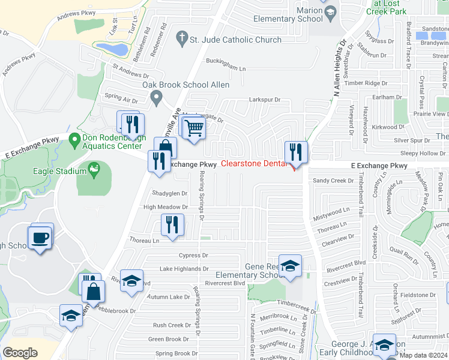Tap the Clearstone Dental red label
click(x=253, y=164)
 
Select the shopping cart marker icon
click(x=194, y=128)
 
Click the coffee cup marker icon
click(x=40, y=238)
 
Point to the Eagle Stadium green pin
click(x=93, y=169)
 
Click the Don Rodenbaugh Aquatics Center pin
click(x=74, y=140)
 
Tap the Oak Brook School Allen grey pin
click(x=157, y=97)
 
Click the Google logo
click(x=20, y=352)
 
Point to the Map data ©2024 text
click(x=423, y=355)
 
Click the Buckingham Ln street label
click(x=226, y=69)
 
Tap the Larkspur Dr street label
click(x=261, y=100)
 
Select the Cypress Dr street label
click(x=192, y=255)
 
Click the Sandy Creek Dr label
click(x=330, y=180)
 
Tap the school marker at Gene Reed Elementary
click(x=290, y=265)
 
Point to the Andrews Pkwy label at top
click(x=76, y=15)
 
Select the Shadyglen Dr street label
click(x=170, y=193)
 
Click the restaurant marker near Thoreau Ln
click(x=172, y=225)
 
